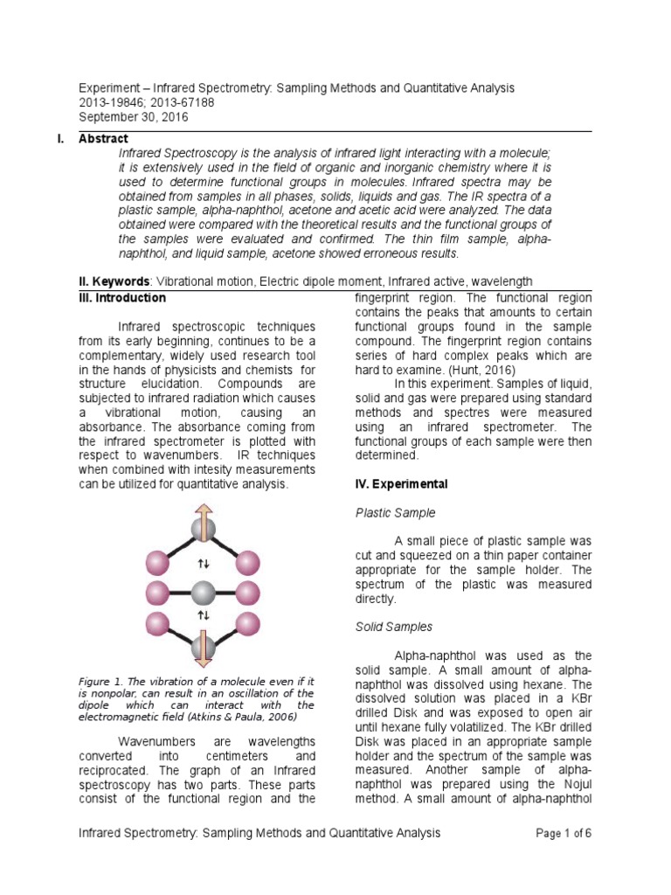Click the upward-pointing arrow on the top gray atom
[202, 518]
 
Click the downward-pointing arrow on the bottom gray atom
[202, 650]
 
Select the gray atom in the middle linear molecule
[202, 592]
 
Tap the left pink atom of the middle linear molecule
[157, 592]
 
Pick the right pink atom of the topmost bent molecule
[248, 561]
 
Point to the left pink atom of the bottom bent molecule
[157, 623]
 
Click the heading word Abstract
[103, 138]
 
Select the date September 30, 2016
[133, 117]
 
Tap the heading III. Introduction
[122, 298]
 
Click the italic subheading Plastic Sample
[395, 512]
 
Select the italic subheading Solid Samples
[394, 627]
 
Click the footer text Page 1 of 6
[564, 833]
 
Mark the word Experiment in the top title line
[113, 88]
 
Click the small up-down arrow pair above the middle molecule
[202, 564]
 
